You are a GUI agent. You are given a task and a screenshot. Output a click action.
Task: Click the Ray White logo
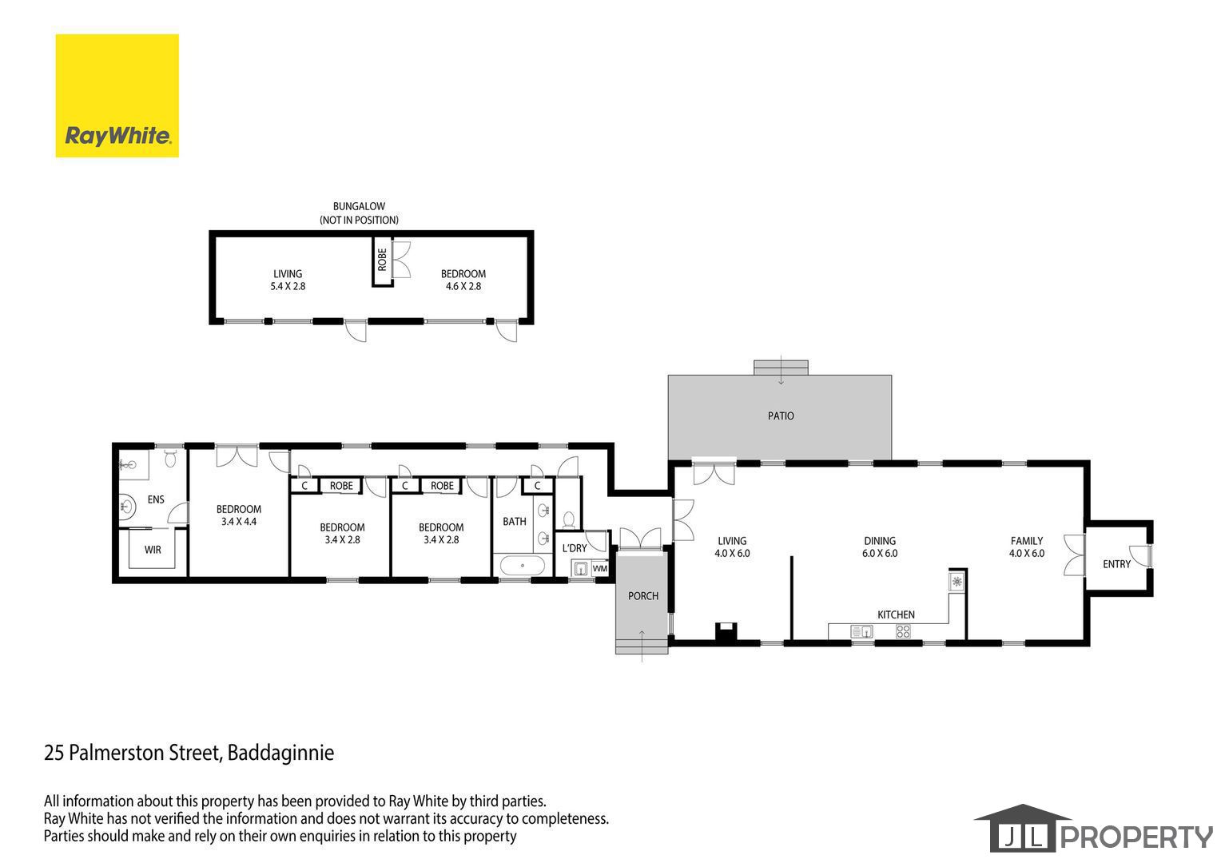[x=117, y=96]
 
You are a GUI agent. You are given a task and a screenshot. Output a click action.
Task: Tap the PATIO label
[x=781, y=416]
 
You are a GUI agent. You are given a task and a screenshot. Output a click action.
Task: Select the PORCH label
[x=643, y=596]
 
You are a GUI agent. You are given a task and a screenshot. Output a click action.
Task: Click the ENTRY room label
[x=1116, y=564]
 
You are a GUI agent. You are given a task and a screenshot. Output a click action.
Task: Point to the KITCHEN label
[x=896, y=614]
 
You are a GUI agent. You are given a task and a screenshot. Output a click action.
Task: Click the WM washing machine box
[x=599, y=568]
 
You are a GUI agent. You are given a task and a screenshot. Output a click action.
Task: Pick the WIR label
[x=153, y=550]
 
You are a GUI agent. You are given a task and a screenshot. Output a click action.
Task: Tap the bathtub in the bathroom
[x=522, y=565]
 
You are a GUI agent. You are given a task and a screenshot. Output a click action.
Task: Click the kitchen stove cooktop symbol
[x=903, y=631]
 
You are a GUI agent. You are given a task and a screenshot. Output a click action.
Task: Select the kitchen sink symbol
[x=861, y=631]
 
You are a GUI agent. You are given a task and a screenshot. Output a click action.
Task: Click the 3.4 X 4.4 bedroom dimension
[x=239, y=522]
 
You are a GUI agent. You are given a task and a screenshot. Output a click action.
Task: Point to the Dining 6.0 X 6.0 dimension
[x=880, y=553]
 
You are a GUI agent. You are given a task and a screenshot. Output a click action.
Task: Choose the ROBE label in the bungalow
[x=382, y=260]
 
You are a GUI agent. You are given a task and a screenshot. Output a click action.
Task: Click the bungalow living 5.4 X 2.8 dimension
[x=288, y=286]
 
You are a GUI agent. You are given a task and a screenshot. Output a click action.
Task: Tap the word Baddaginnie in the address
[x=280, y=753]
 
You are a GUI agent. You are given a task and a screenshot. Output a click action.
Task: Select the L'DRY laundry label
[x=575, y=548]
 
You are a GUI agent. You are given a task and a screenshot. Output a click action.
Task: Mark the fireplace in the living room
[x=726, y=631]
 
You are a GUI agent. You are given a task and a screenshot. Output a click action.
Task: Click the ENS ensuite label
[x=156, y=499]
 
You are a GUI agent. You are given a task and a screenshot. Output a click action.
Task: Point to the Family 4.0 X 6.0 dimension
[x=1026, y=553]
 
